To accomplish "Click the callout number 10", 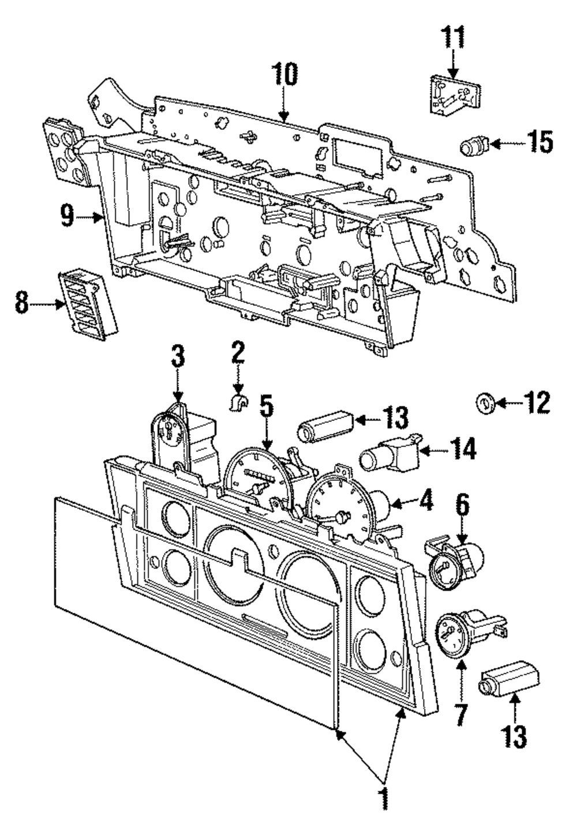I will point(286,75).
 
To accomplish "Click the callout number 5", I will point(266,407).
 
